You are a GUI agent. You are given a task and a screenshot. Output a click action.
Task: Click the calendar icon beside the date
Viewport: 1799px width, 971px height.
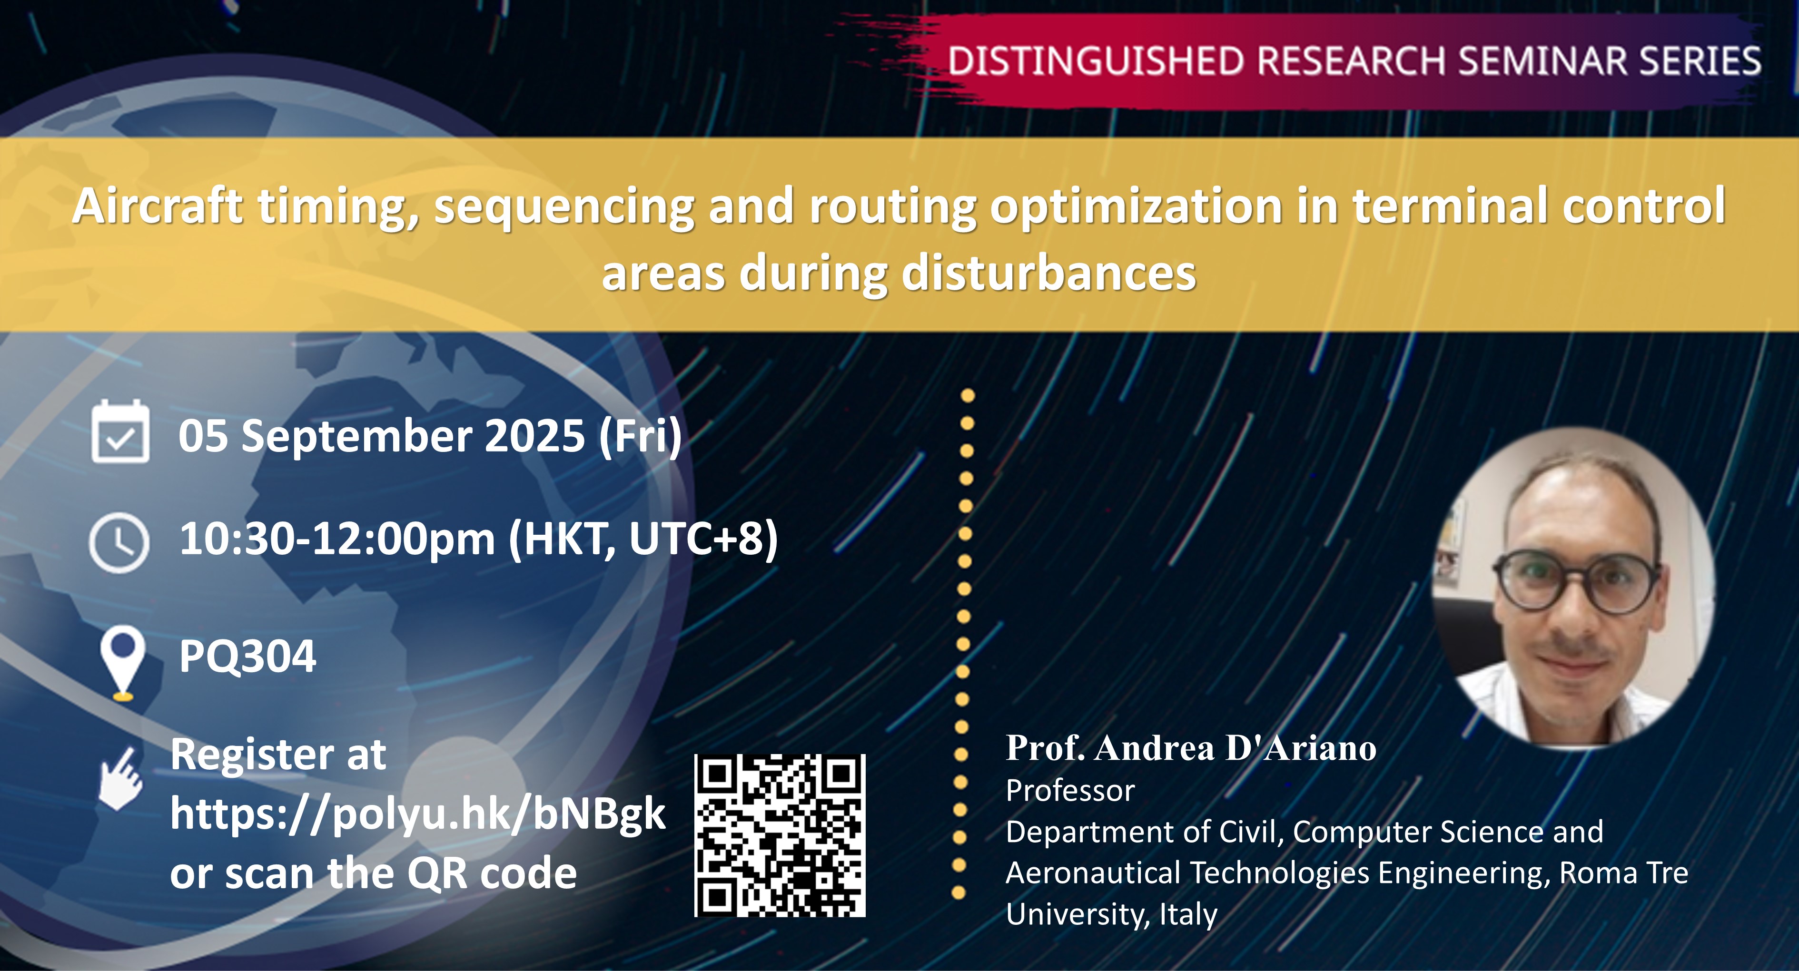coord(120,432)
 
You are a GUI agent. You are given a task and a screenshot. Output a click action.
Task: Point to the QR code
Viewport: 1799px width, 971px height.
coord(780,835)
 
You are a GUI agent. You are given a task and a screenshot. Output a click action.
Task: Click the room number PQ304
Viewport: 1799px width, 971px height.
coord(247,656)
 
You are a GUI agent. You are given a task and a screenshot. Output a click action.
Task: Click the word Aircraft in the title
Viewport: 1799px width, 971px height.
coord(157,206)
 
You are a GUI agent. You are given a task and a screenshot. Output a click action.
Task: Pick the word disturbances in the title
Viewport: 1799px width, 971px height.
coord(1049,273)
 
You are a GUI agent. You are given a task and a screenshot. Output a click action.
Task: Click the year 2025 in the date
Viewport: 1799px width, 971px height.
coord(534,436)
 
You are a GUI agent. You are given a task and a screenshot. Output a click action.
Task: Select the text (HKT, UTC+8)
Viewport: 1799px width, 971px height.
coord(642,539)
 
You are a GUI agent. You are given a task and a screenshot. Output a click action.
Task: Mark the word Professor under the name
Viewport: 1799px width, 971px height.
coord(1070,791)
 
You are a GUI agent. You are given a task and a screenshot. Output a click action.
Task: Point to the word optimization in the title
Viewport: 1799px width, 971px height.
coord(1136,206)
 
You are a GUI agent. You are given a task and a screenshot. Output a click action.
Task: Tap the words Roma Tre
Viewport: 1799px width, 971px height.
coord(1624,873)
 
